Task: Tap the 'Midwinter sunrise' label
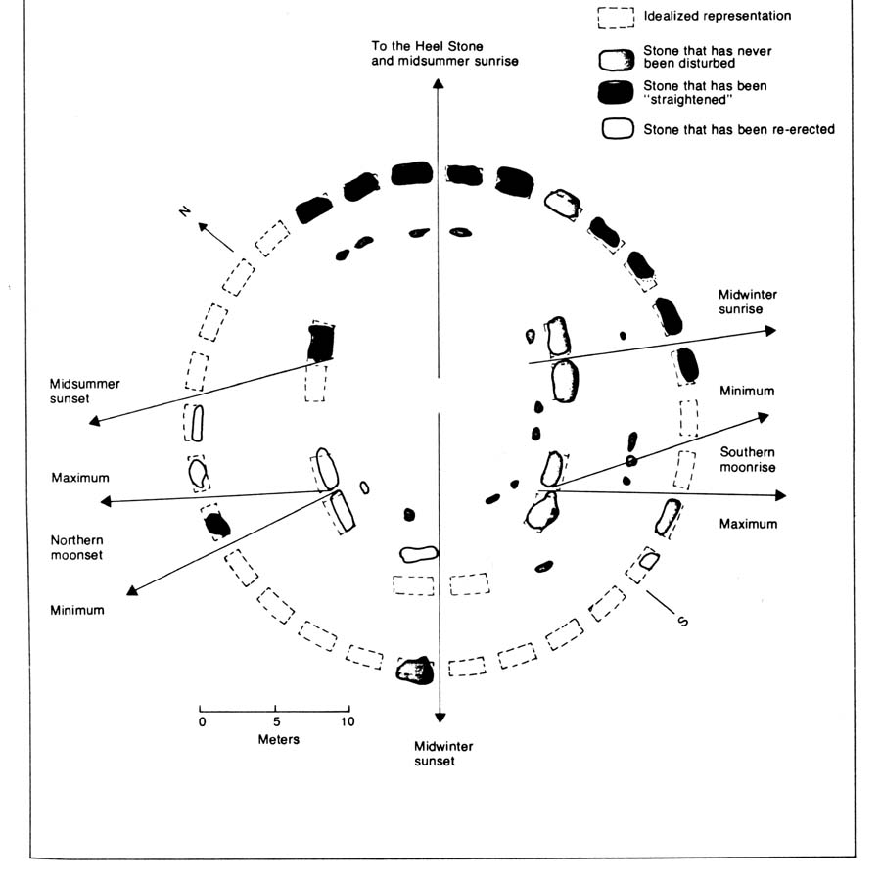click(x=747, y=301)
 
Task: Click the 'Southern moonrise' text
click(x=748, y=459)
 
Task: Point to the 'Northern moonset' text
click(x=78, y=547)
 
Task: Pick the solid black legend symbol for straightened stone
click(x=615, y=93)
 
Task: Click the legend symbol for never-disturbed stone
click(x=615, y=59)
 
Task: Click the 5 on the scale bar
click(x=277, y=722)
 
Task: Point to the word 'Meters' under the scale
click(x=278, y=739)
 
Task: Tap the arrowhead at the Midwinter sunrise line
click(x=769, y=331)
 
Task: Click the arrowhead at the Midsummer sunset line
click(x=94, y=421)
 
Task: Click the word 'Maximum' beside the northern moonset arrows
click(x=80, y=478)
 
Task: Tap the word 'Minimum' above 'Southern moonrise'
click(x=746, y=392)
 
